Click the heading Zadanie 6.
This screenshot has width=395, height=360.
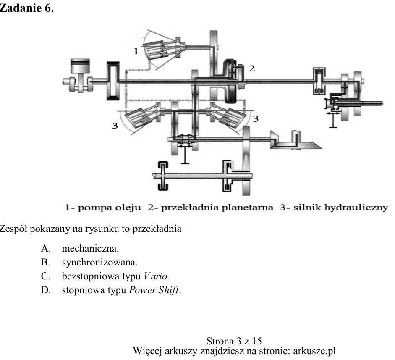click(x=26, y=8)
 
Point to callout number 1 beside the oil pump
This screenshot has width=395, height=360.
click(x=136, y=51)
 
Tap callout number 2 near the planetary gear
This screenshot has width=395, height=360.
click(x=252, y=68)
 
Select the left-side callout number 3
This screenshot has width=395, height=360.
click(x=115, y=126)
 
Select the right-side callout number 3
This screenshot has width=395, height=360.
click(x=256, y=119)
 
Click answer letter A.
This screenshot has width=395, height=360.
click(x=46, y=249)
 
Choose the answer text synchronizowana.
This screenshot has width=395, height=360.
click(x=100, y=263)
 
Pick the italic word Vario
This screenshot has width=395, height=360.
click(x=156, y=276)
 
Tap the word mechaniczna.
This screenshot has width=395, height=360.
click(x=90, y=249)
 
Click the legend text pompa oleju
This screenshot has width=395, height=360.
click(x=109, y=208)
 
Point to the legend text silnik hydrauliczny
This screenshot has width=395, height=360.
click(x=340, y=208)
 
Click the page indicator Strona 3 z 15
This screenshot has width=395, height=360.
click(x=234, y=341)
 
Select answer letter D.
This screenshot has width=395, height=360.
click(x=46, y=290)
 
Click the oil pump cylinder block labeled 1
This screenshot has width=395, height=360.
click(x=156, y=50)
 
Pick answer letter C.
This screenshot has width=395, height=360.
click(x=46, y=276)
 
